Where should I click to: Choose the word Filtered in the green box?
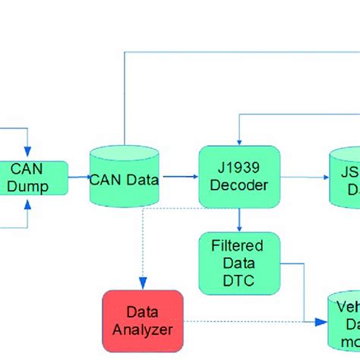click(238, 246)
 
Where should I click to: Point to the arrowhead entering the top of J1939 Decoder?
click(239, 141)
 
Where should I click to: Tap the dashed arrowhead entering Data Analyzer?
click(141, 285)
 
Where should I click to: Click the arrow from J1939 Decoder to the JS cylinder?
click(304, 180)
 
